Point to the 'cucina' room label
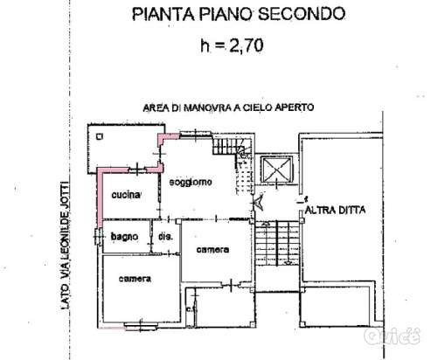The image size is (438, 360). [127, 196]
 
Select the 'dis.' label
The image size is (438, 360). [166, 237]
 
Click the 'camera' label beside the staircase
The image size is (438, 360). [212, 251]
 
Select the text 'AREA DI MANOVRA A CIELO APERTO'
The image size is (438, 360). [228, 107]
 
